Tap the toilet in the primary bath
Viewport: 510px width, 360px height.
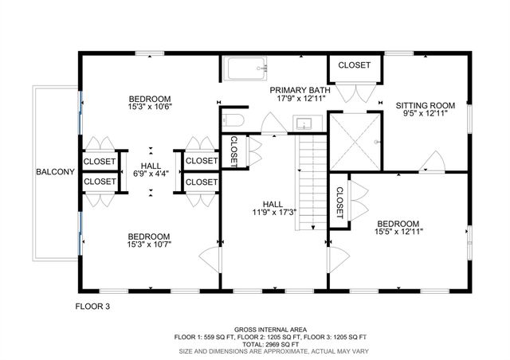coord(232,121)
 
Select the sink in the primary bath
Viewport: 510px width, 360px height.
coord(304,124)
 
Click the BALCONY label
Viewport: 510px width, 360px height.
coord(55,172)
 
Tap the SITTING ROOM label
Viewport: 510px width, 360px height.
coord(425,104)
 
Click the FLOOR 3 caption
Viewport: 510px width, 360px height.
coord(93,306)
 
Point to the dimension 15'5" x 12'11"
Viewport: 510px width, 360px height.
coord(398,232)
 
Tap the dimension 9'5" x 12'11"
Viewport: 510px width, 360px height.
coord(425,113)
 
